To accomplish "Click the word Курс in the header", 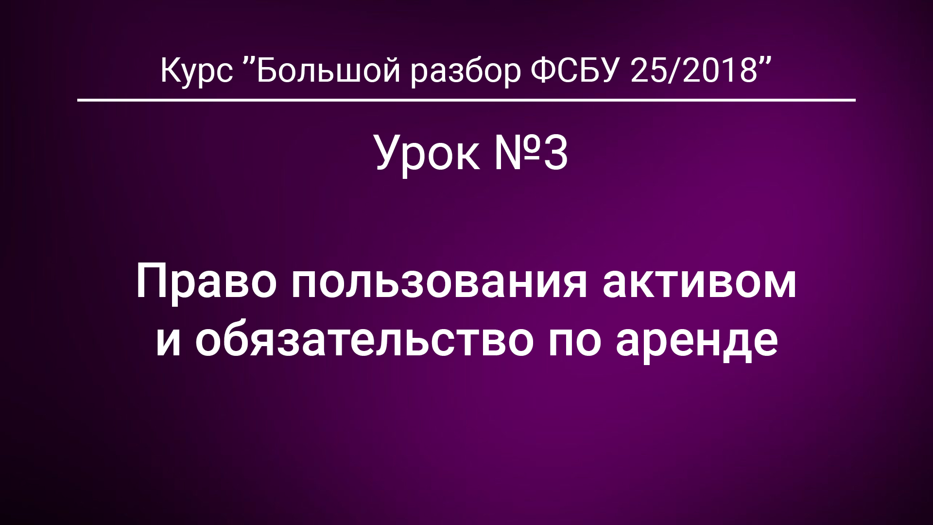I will (196, 70).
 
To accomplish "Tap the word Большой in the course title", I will (328, 70).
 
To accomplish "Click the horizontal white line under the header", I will (466, 100).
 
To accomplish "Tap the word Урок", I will (428, 154).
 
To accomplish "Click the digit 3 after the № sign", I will (555, 154).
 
